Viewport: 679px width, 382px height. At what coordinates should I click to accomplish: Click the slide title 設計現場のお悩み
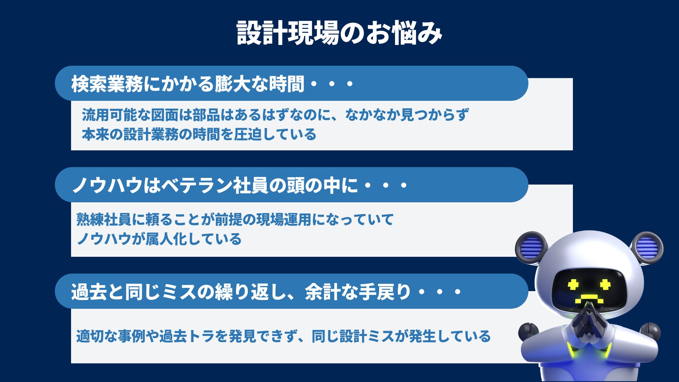[x=339, y=33]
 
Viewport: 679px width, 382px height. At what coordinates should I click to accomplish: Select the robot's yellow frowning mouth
[x=589, y=299]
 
